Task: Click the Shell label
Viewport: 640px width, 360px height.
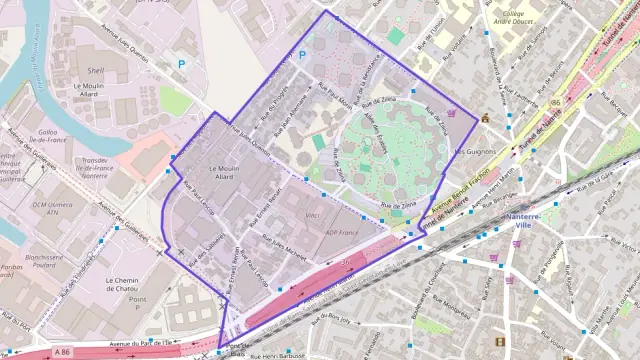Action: point(96,71)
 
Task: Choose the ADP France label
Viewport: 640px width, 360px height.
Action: point(341,232)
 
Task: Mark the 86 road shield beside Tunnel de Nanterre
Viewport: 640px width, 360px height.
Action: point(554,103)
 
